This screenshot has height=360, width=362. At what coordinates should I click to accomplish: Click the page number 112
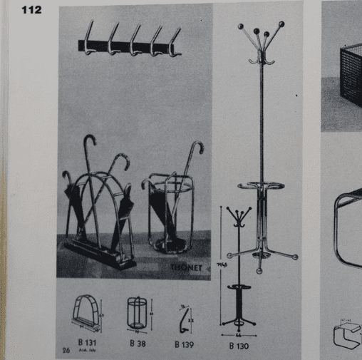[x=31, y=9]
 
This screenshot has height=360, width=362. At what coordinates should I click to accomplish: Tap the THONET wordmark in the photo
[x=187, y=268]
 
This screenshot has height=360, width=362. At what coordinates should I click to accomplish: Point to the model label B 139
[x=185, y=343]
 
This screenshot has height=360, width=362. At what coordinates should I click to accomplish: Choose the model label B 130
[x=238, y=347]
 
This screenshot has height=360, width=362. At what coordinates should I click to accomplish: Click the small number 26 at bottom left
[x=65, y=350]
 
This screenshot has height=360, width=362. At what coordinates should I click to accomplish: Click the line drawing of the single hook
[x=183, y=317]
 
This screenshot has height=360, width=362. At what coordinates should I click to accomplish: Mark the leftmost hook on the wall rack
[x=88, y=39]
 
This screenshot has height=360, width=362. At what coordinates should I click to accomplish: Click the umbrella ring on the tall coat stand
[x=260, y=187]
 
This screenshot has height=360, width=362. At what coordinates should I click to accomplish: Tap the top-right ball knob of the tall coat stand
[x=281, y=24]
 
